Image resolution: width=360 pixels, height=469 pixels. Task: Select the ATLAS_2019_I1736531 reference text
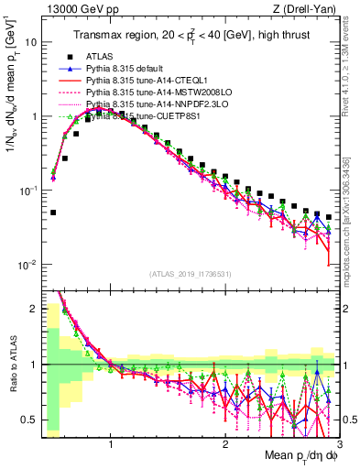coord(190,274)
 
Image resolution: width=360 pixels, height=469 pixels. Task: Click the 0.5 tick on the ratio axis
coord(28,420)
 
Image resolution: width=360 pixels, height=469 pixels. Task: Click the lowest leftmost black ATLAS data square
coord(53,213)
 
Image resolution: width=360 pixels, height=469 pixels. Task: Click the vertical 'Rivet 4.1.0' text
coord(352,73)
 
